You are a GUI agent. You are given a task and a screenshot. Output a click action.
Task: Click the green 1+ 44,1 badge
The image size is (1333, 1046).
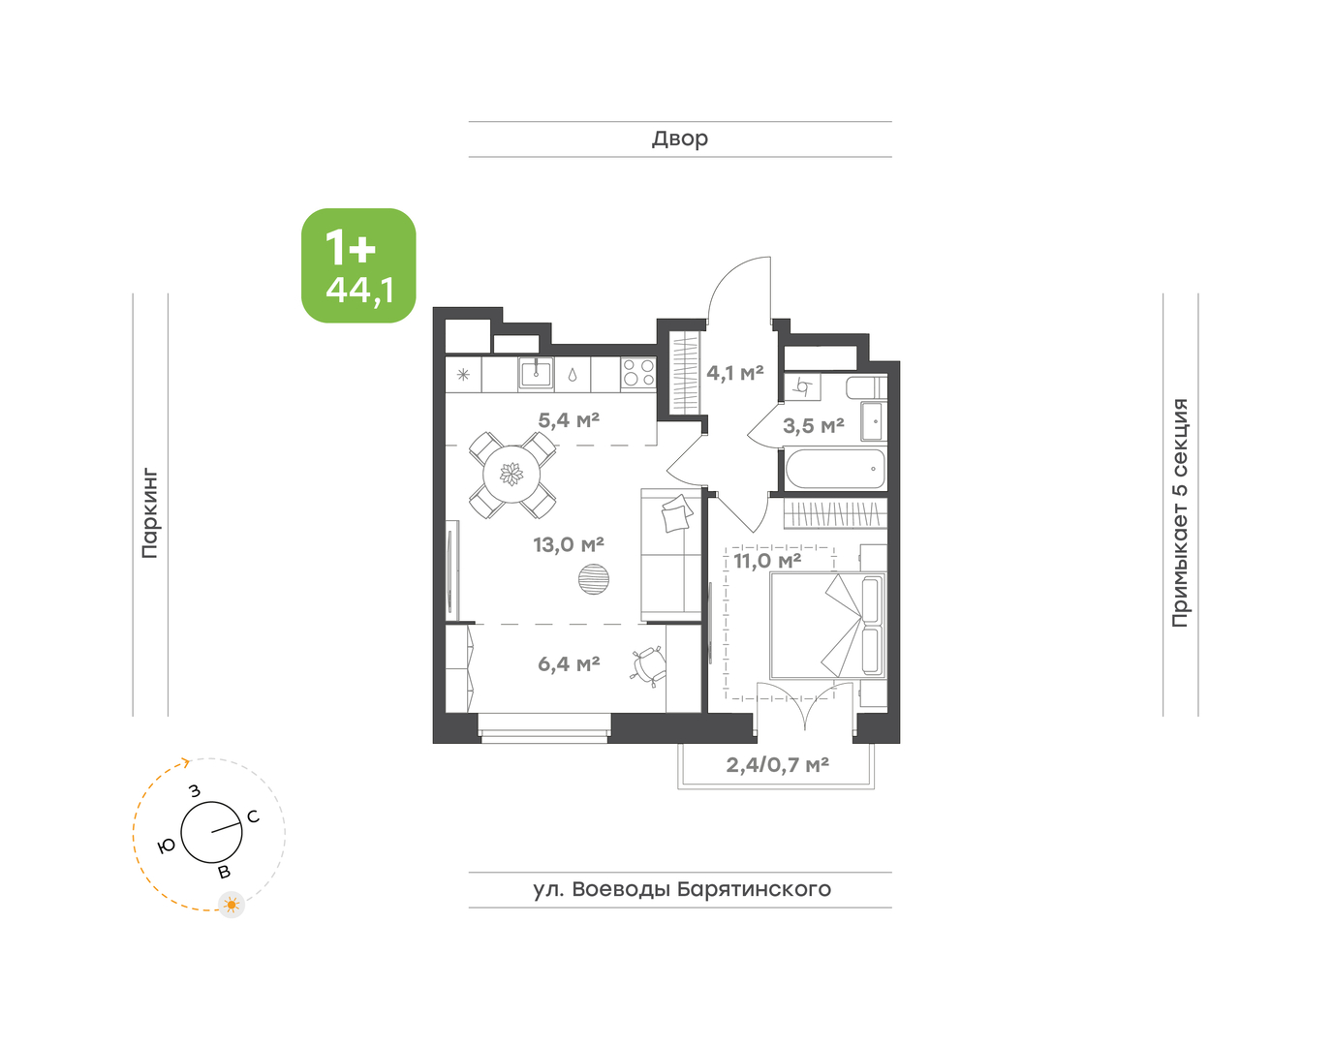point(358,265)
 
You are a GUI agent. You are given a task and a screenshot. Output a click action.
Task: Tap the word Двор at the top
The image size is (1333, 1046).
point(680,139)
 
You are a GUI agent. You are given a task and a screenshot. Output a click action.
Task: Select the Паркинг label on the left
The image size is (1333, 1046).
point(150,513)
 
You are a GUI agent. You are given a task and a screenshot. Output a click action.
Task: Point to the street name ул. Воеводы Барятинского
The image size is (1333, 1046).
point(682,890)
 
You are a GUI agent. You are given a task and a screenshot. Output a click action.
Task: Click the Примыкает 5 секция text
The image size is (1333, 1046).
point(1180,512)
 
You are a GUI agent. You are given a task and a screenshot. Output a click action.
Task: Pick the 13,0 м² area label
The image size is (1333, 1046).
point(569,544)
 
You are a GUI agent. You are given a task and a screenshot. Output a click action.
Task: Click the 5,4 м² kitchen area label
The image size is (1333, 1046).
point(569,420)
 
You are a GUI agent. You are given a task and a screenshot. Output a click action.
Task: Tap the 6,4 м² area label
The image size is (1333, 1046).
point(569,664)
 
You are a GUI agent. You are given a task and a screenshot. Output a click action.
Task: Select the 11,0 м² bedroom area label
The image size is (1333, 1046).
point(767,561)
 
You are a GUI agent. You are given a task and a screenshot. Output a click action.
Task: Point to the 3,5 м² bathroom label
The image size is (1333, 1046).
point(814,425)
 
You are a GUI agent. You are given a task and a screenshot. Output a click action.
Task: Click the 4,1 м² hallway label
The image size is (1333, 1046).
point(735,373)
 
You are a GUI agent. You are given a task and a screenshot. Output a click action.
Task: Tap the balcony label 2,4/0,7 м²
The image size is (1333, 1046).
point(777,765)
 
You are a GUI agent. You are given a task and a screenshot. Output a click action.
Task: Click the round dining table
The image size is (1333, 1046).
point(511,474)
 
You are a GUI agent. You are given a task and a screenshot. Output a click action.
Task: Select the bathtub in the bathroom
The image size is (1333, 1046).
point(834,470)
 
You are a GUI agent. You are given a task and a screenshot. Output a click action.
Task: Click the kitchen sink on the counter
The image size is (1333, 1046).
point(536,373)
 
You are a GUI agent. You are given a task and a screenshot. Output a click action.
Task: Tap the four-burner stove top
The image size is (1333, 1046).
point(638,373)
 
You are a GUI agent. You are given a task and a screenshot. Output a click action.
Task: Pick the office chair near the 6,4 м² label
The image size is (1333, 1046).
point(648,664)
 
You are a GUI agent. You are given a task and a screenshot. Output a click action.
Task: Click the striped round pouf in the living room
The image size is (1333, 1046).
point(593,579)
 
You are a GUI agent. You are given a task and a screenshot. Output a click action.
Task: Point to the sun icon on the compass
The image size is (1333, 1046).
point(232,905)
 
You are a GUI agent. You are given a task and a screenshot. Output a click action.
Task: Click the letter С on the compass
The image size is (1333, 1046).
point(253,816)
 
